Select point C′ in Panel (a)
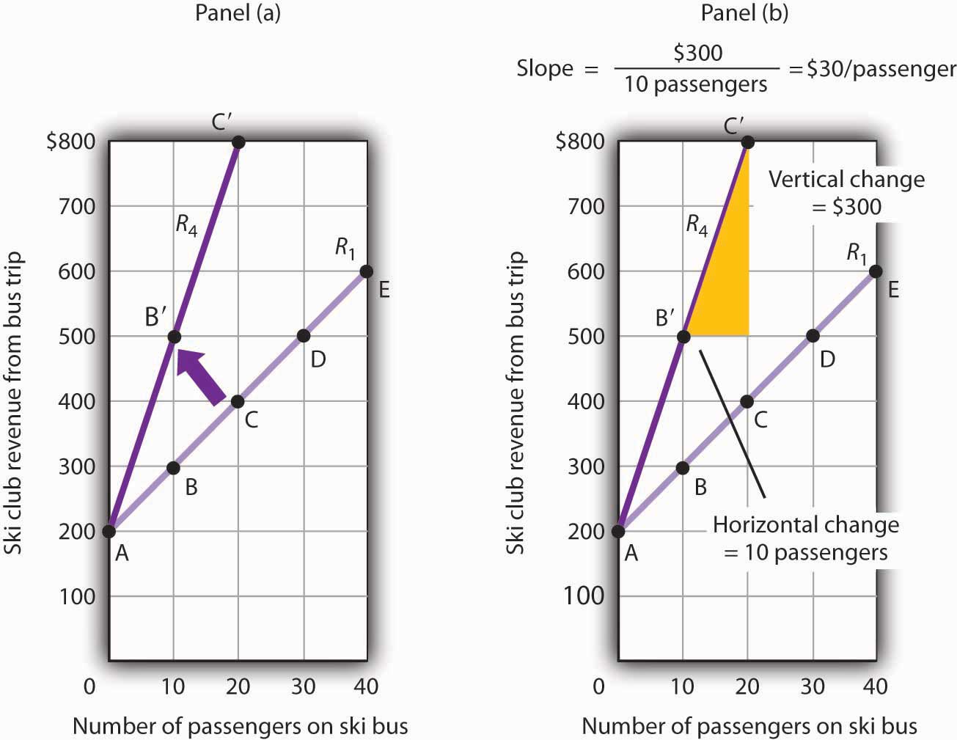(x=238, y=142)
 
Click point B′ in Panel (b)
(x=683, y=337)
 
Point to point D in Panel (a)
(x=303, y=336)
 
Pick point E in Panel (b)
(x=875, y=271)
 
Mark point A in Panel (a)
(x=109, y=531)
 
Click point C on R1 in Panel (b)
(x=747, y=401)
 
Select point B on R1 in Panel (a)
(x=173, y=467)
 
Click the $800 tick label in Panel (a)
(x=71, y=141)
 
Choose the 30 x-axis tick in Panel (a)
(x=303, y=686)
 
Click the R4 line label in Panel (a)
(x=186, y=224)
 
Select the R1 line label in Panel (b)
(x=857, y=254)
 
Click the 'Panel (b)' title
(x=744, y=13)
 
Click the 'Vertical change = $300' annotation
(x=846, y=192)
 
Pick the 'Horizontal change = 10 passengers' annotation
(x=806, y=538)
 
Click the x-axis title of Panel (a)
(x=240, y=726)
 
